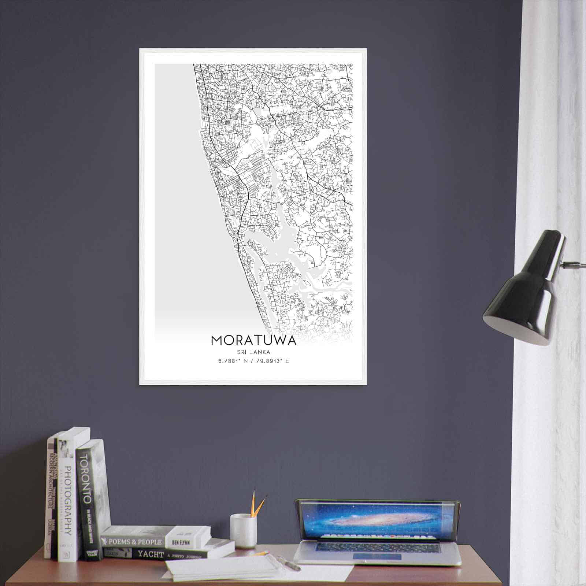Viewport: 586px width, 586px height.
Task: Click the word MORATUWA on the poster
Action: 253,341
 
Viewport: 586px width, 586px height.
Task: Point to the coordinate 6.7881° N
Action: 232,361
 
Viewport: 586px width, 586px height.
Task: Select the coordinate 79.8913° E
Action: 272,361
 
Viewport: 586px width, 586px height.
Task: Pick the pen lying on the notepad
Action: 289,563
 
